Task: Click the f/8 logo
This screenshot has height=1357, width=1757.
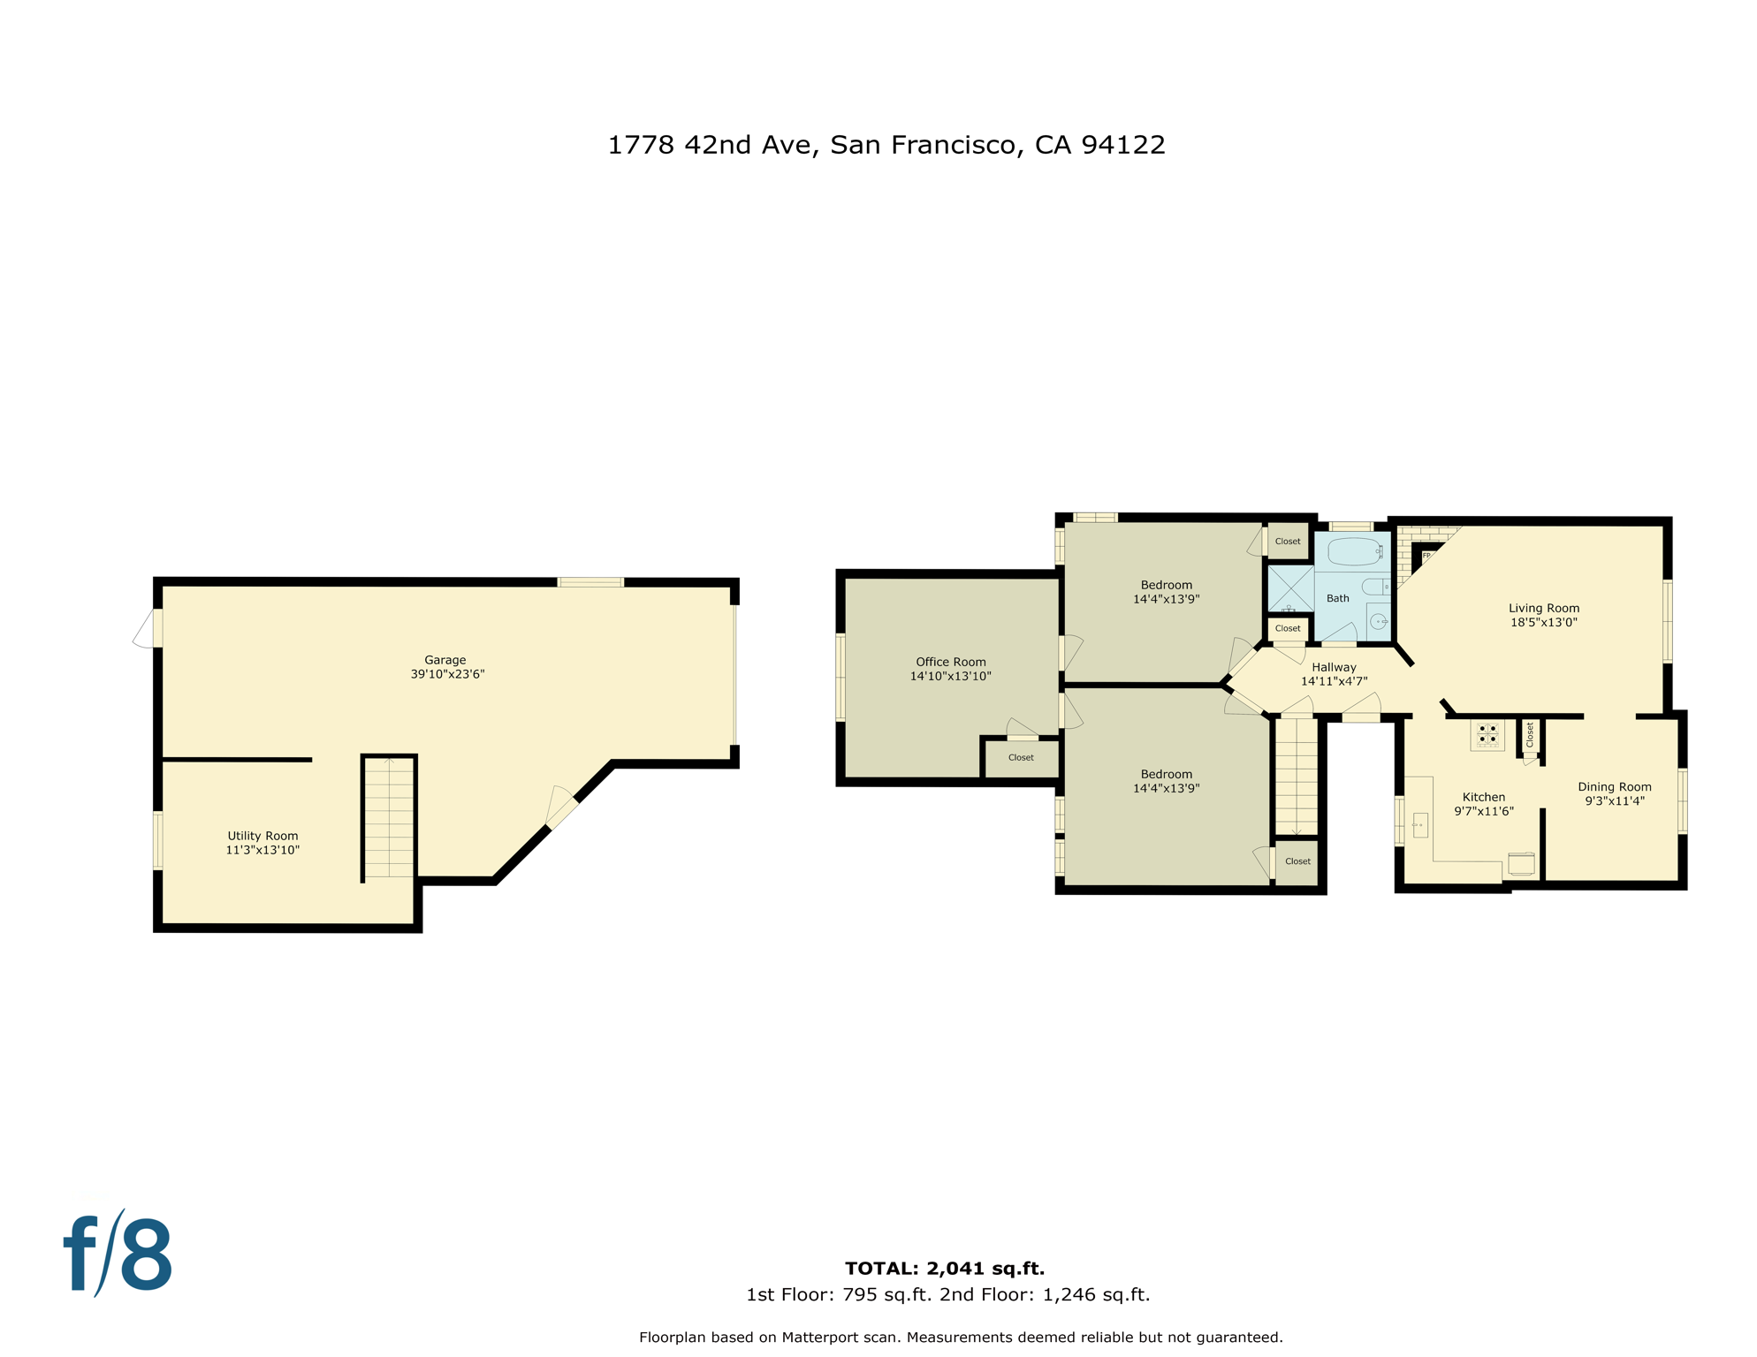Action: [118, 1255]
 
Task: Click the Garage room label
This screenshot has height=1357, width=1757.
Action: [445, 660]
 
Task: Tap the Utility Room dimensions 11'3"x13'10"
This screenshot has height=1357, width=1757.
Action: [262, 850]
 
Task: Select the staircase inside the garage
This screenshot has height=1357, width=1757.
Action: [389, 818]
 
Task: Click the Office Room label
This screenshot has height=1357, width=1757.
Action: [950, 662]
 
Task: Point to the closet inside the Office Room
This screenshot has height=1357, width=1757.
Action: [1021, 758]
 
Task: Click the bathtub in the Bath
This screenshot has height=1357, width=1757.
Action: [1354, 551]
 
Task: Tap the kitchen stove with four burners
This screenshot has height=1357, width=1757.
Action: [1487, 734]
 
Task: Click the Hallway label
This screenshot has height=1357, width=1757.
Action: [1334, 667]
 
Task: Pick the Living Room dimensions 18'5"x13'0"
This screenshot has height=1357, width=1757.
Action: [1543, 622]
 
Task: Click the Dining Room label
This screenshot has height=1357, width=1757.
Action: [1614, 786]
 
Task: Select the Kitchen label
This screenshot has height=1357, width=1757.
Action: [1483, 797]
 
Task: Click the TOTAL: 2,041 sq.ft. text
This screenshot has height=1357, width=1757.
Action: [944, 1269]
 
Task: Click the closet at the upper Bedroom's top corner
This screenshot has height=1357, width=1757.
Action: [1288, 542]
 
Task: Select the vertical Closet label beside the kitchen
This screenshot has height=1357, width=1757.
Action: [1530, 734]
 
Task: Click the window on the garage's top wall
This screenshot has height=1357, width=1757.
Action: [590, 582]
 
